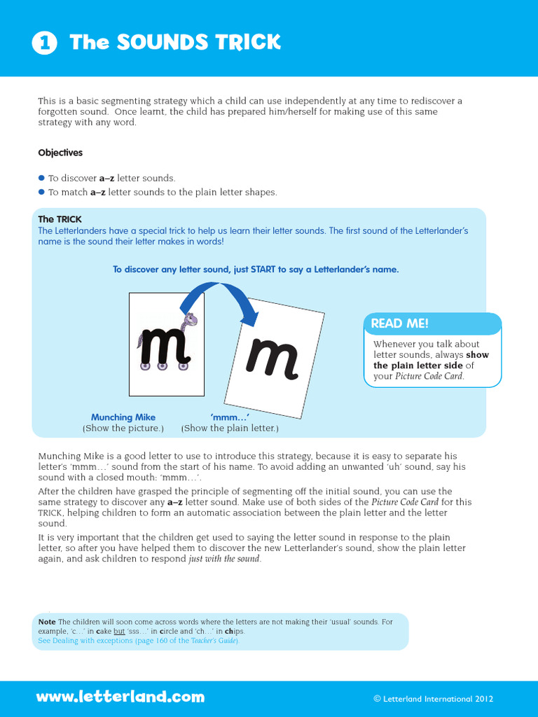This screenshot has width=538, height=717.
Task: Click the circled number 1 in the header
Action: pos(43,43)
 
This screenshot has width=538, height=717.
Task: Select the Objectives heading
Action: pos(60,153)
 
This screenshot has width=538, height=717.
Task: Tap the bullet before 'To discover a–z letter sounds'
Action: pos(41,179)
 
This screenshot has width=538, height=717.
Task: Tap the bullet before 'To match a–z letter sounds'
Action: pos(41,192)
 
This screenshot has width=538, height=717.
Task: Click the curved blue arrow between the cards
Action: pos(214,300)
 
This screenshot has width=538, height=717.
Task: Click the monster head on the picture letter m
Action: pos(188,321)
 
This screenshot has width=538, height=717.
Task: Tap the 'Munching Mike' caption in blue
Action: pos(123,417)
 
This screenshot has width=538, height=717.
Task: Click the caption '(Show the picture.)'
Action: pos(123,428)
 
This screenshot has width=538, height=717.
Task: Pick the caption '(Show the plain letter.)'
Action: pos(230,428)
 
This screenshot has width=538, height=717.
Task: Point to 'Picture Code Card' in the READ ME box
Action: pos(429,376)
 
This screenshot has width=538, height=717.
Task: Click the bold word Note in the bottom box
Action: pos(47,622)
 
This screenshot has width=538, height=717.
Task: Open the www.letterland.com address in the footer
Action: pos(120,697)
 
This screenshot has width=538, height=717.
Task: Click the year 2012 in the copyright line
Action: pos(483,699)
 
